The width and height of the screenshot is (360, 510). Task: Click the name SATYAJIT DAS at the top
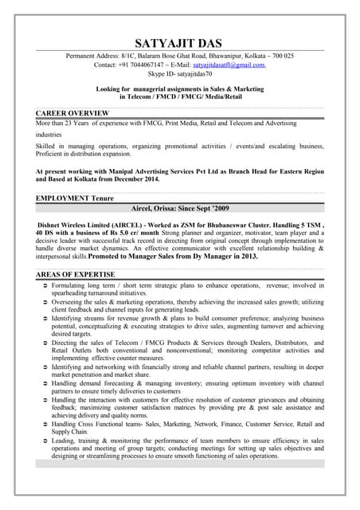click(x=181, y=42)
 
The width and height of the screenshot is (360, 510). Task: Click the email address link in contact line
click(x=230, y=65)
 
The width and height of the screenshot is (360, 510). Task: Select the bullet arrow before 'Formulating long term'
click(x=44, y=284)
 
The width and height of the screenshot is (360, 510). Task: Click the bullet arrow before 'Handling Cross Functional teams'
click(x=44, y=425)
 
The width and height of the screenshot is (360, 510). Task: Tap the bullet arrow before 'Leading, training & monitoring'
click(x=44, y=441)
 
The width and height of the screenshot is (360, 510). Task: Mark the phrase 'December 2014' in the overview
click(x=131, y=179)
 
